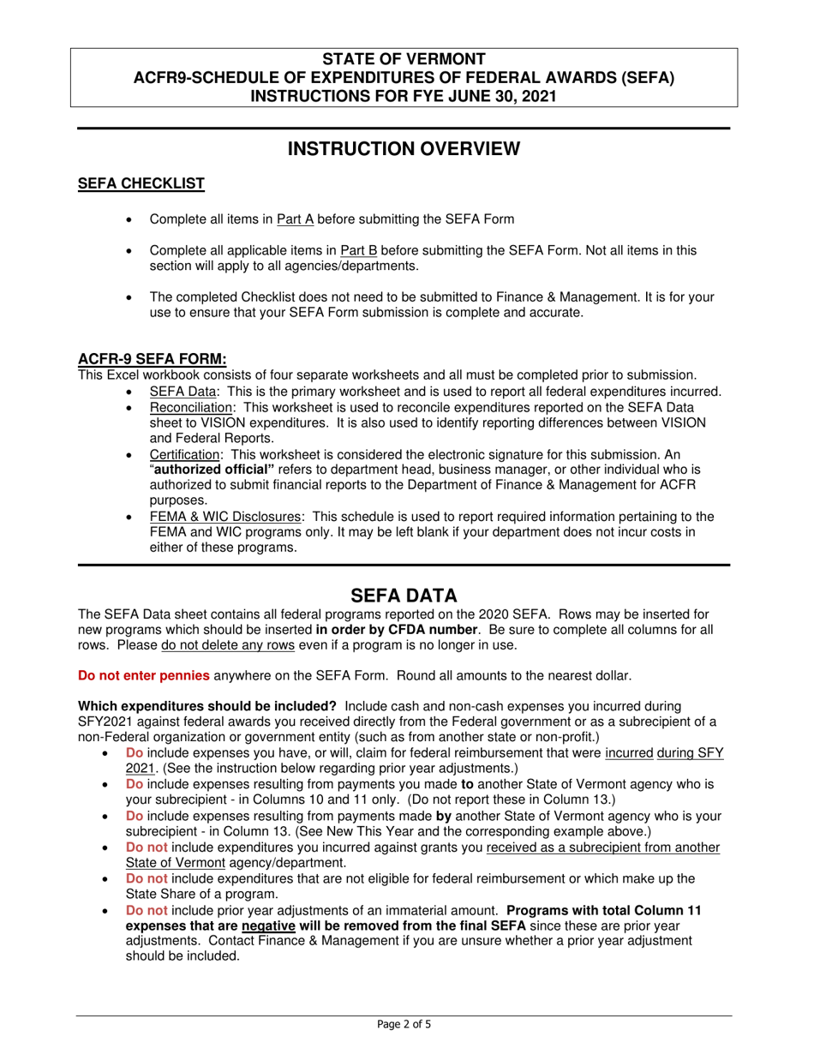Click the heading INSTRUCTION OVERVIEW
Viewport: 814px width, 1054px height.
[403, 149]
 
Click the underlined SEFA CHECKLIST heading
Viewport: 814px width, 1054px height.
[141, 183]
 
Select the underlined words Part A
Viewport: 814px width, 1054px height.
[295, 219]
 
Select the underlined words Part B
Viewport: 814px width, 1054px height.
[359, 251]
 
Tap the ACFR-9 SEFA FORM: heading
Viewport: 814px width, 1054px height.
[153, 359]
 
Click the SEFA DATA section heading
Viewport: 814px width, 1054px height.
[404, 595]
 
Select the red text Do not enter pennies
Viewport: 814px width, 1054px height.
[143, 675]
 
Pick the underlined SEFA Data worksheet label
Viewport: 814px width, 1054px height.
[179, 392]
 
